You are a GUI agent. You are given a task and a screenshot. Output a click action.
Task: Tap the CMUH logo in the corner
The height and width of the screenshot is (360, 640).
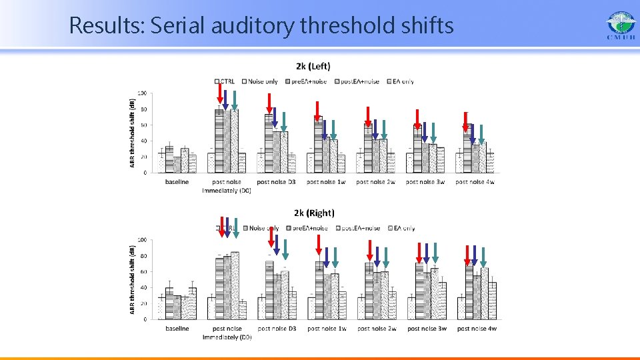point(621,26)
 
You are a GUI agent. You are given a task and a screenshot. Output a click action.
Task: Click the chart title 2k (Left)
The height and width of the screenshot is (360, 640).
point(313,66)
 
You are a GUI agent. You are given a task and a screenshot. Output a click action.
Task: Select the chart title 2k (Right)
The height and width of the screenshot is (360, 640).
point(314,213)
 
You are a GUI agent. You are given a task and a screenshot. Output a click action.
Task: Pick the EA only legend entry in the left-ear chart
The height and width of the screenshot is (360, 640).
point(399,81)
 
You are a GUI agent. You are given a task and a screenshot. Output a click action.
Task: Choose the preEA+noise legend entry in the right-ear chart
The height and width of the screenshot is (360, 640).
point(309,228)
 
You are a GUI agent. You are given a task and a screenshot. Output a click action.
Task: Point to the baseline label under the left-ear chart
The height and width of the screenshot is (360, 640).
point(177,181)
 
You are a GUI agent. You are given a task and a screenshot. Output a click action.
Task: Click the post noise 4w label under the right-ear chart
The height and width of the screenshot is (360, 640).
point(476,328)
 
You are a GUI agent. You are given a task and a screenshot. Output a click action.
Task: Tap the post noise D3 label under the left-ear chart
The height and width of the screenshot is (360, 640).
point(277,181)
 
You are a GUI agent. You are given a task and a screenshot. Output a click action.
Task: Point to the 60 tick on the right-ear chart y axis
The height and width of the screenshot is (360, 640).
point(143,271)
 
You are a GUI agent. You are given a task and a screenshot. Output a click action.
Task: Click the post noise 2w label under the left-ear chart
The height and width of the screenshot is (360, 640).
point(375,181)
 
